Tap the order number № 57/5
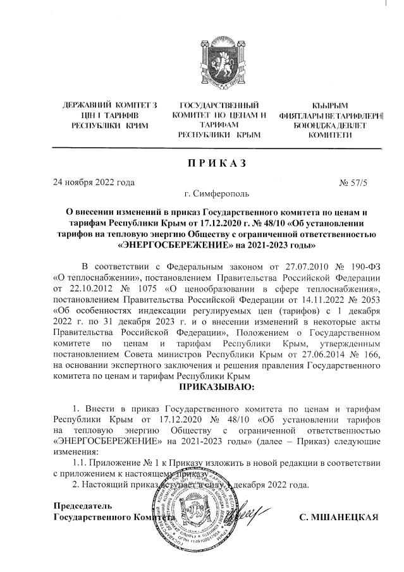pos(357,183)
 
